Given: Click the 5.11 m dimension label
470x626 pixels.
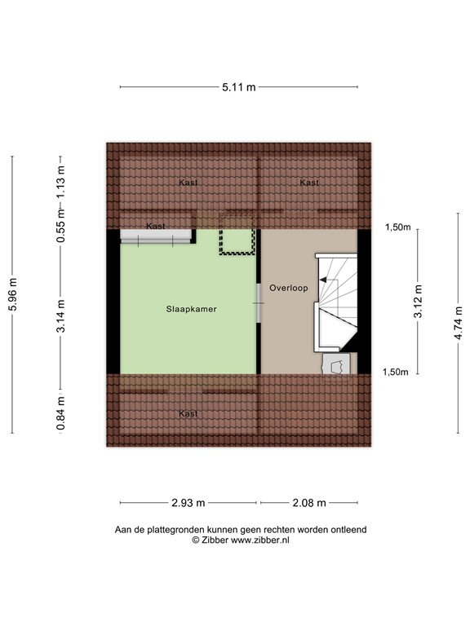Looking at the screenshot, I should (x=238, y=86).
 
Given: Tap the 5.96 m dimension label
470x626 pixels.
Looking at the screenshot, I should (x=11, y=294).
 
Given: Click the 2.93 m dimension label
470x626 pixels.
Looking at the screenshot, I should (x=189, y=503).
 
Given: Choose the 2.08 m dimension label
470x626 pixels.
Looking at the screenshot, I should (x=308, y=503).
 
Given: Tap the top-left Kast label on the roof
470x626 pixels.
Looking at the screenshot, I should (x=188, y=183).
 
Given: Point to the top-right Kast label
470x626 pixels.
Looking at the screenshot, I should (x=309, y=183).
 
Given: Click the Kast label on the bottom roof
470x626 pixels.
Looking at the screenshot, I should (x=188, y=414).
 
